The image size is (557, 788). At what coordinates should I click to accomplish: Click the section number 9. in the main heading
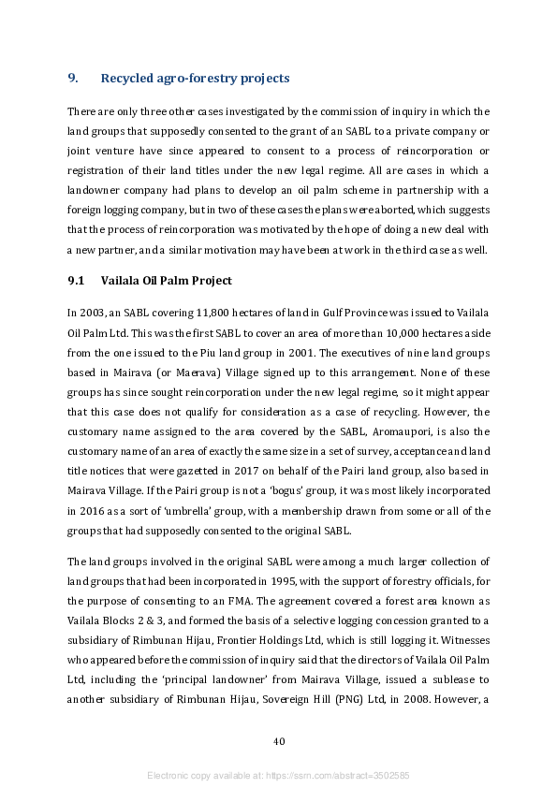pyautogui.click(x=73, y=78)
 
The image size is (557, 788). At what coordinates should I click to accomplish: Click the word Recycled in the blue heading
pyautogui.click(x=127, y=78)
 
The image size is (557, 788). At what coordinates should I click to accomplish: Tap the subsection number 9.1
pyautogui.click(x=76, y=281)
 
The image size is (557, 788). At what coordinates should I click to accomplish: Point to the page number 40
pyautogui.click(x=278, y=741)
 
